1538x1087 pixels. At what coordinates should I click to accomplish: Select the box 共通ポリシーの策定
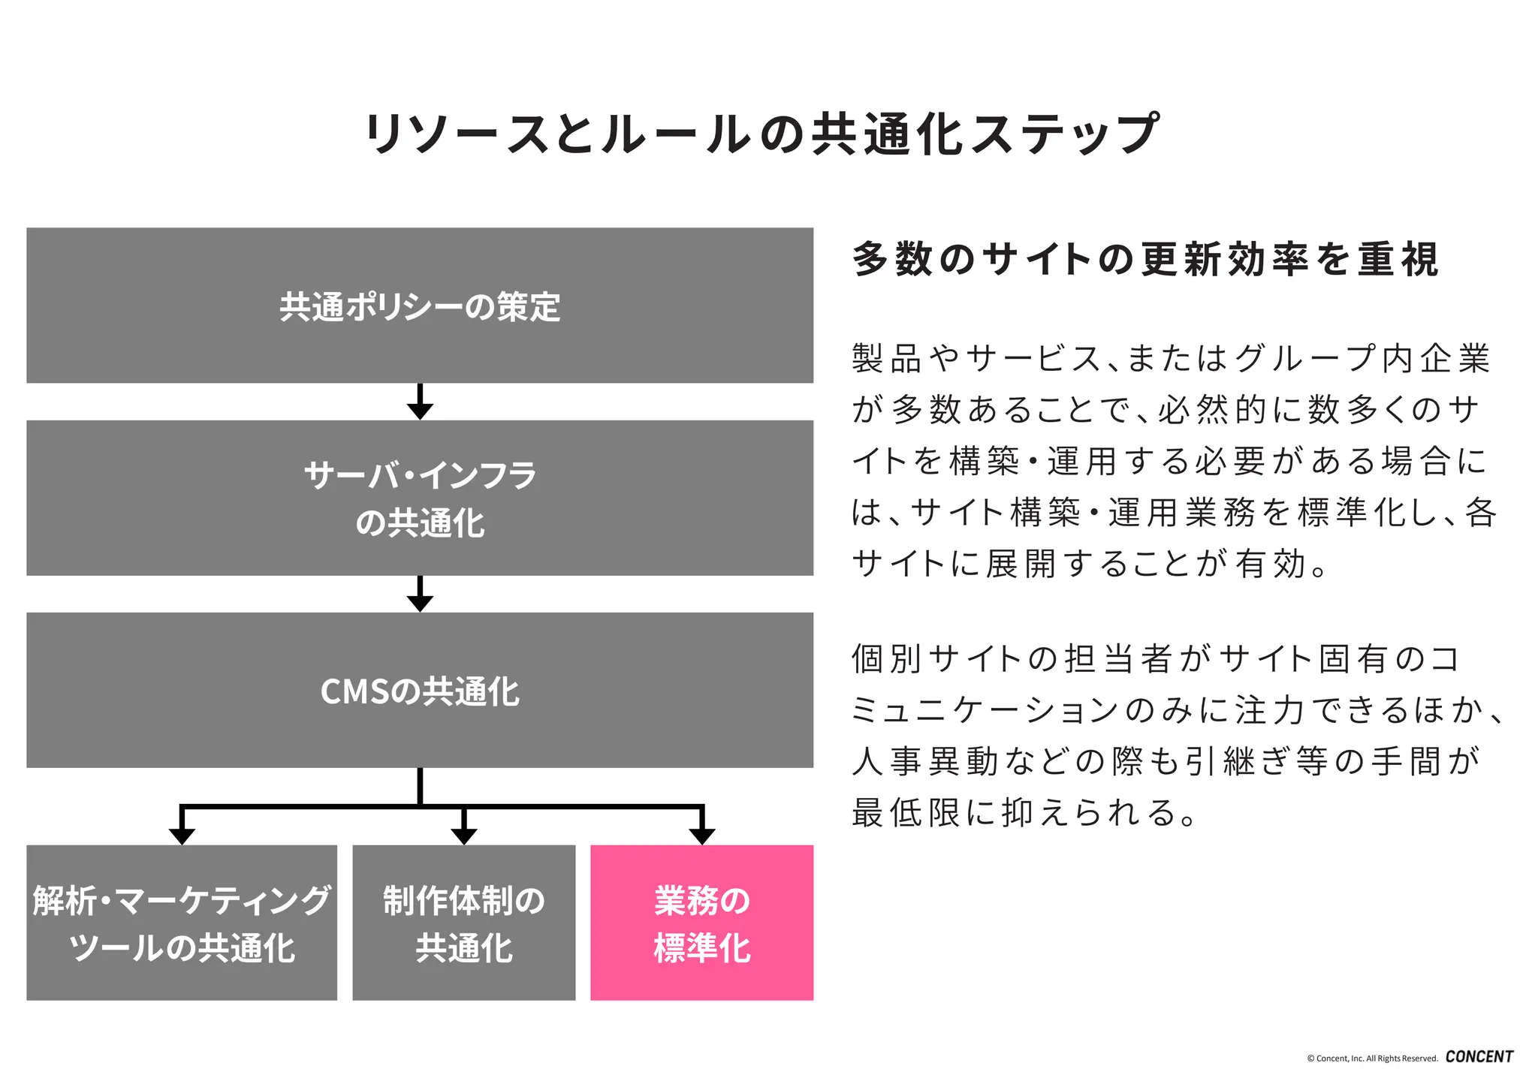[420, 306]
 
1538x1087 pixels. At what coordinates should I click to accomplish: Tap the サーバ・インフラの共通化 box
[420, 498]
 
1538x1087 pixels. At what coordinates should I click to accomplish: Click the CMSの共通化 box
[420, 690]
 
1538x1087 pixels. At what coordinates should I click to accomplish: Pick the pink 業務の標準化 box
[701, 922]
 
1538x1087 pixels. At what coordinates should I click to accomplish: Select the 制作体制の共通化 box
[463, 922]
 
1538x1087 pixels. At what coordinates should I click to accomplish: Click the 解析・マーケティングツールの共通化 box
[182, 922]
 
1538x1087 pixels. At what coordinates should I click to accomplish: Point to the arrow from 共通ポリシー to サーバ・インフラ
[420, 402]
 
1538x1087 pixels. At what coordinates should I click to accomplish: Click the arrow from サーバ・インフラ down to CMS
[420, 595]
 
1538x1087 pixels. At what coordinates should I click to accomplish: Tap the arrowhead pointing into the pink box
[701, 836]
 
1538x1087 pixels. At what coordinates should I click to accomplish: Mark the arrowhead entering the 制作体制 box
[463, 836]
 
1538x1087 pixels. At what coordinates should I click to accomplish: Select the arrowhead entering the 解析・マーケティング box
[182, 836]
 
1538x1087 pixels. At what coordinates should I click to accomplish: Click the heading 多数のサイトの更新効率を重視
[1145, 260]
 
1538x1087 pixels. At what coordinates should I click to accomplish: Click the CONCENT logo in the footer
[1479, 1056]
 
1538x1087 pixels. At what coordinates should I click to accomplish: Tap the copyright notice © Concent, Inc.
[1372, 1058]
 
